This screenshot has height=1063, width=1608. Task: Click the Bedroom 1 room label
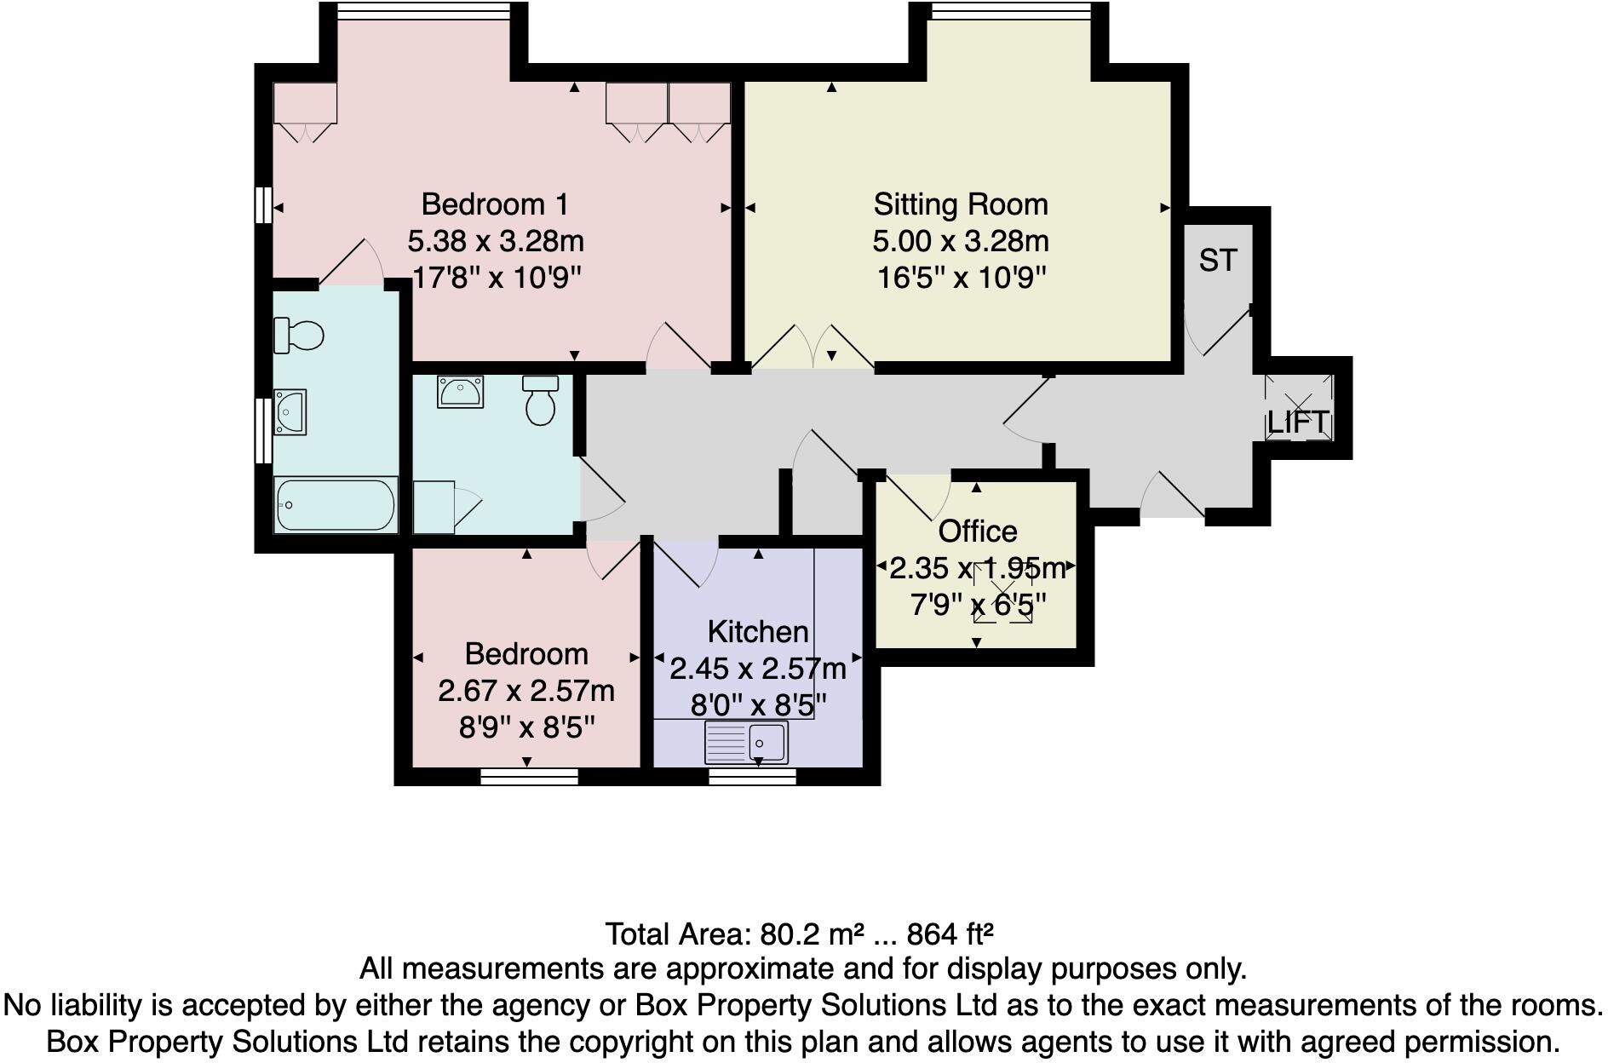[x=494, y=204]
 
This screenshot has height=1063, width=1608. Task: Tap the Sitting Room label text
[x=960, y=204]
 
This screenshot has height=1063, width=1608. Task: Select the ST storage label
[x=1217, y=260]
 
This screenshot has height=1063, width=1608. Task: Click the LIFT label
[x=1297, y=422]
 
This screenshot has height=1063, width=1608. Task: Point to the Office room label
[x=977, y=531]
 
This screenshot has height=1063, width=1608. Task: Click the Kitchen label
[x=757, y=632]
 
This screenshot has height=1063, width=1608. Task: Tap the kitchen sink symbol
[x=747, y=742]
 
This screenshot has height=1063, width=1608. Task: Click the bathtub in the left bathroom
[x=336, y=505]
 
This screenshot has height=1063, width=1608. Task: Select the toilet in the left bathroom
[x=299, y=335]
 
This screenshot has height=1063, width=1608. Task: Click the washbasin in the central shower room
[x=461, y=393]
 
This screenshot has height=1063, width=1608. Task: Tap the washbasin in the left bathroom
[x=290, y=413]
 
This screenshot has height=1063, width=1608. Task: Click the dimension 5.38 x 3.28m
[x=496, y=242]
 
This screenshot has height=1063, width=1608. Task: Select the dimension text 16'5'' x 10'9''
[x=960, y=278]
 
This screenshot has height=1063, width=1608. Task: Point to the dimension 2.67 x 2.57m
[x=525, y=691]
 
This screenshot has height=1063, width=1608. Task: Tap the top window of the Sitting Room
[x=1011, y=11]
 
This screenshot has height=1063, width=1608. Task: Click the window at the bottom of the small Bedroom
[x=529, y=775]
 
